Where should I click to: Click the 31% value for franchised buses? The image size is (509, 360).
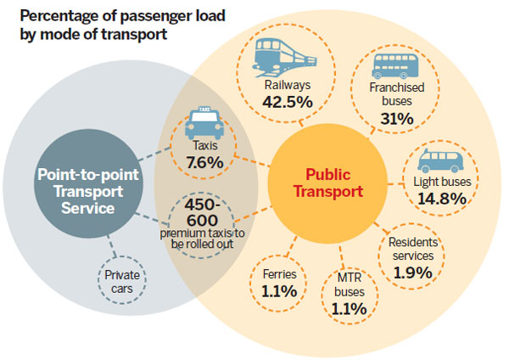pos(396,119)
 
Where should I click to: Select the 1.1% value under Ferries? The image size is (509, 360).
pos(278,291)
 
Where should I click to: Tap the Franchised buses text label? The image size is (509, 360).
pos(397,93)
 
